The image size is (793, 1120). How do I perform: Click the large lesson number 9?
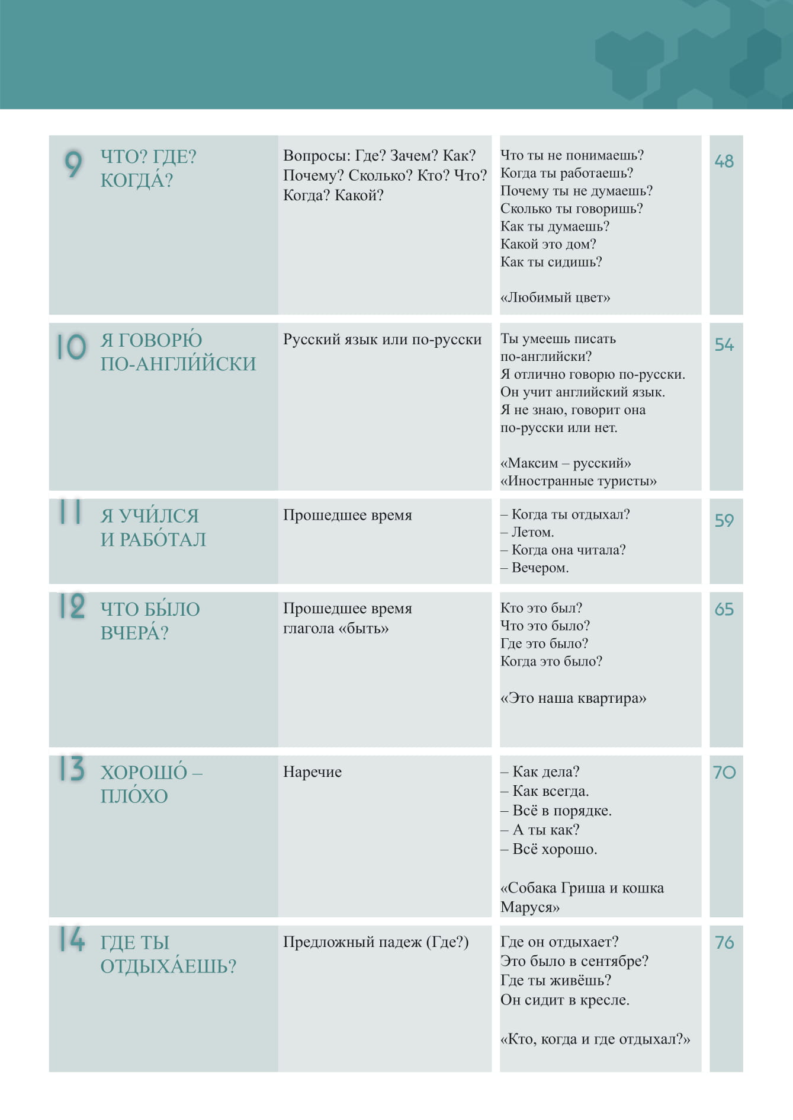[x=73, y=164]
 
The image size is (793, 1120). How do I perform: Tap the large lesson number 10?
[x=72, y=347]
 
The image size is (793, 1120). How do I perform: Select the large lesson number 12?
[x=72, y=606]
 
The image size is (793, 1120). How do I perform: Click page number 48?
[x=724, y=161]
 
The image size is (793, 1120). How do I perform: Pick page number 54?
[x=724, y=345]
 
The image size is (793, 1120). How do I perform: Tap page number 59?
[x=724, y=520]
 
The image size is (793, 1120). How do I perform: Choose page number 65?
[x=724, y=609]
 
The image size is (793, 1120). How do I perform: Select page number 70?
[x=724, y=772]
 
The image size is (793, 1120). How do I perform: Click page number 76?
[x=724, y=942]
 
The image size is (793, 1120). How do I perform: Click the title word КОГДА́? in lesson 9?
[x=137, y=180]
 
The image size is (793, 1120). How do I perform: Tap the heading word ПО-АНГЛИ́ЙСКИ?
[x=178, y=363]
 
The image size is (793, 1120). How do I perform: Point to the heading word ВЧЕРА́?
[x=134, y=633]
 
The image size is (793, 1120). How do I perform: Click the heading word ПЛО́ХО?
[x=134, y=796]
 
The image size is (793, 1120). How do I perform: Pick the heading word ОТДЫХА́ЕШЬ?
[x=168, y=966]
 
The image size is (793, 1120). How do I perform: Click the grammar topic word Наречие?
[x=312, y=772]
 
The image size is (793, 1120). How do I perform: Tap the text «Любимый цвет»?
[x=555, y=297]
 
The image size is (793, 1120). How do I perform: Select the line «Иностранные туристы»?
[x=578, y=481]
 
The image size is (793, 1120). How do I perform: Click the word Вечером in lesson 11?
[x=540, y=568]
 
